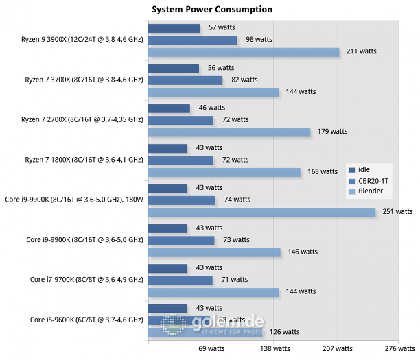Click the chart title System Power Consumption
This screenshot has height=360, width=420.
point(212,10)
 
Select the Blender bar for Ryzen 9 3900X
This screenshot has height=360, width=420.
point(244,52)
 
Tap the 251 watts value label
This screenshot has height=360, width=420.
point(397,212)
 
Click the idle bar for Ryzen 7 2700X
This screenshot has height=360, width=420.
point(169,108)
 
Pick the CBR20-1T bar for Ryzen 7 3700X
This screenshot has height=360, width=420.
point(185,80)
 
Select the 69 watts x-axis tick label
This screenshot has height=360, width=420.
point(211,348)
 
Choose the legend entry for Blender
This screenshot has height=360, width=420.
point(370,191)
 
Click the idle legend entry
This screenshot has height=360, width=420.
point(364,170)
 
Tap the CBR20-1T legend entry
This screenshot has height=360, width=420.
point(373,180)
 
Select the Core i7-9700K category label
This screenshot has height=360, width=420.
point(86,279)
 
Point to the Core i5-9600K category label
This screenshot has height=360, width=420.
point(86,320)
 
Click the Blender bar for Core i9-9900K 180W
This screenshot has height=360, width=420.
point(261,213)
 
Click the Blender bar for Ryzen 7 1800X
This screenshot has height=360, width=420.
point(224,172)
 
